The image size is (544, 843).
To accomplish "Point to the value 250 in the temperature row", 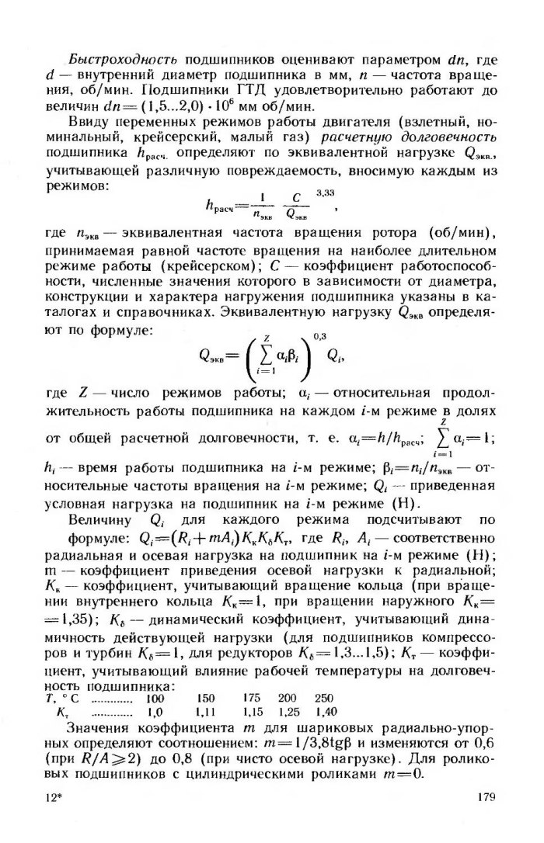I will click(324, 698).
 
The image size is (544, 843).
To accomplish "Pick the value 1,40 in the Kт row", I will click(326, 711).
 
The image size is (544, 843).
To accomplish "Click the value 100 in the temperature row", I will click(157, 698).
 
